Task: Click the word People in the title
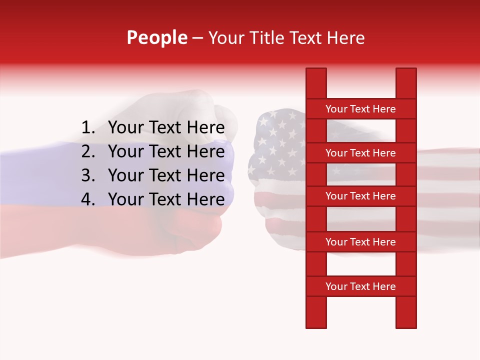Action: (157, 37)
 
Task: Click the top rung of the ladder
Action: (360, 109)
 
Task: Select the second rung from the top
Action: (360, 153)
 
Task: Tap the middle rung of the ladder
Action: (360, 196)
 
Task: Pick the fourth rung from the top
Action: (360, 242)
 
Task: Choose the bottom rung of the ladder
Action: (360, 286)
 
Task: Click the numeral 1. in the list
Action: (88, 128)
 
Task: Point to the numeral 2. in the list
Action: (88, 151)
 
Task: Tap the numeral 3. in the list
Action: (88, 175)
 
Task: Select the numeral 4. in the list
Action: (88, 199)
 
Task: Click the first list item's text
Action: (166, 128)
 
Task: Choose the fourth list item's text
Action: (166, 199)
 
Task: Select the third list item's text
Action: (166, 175)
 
